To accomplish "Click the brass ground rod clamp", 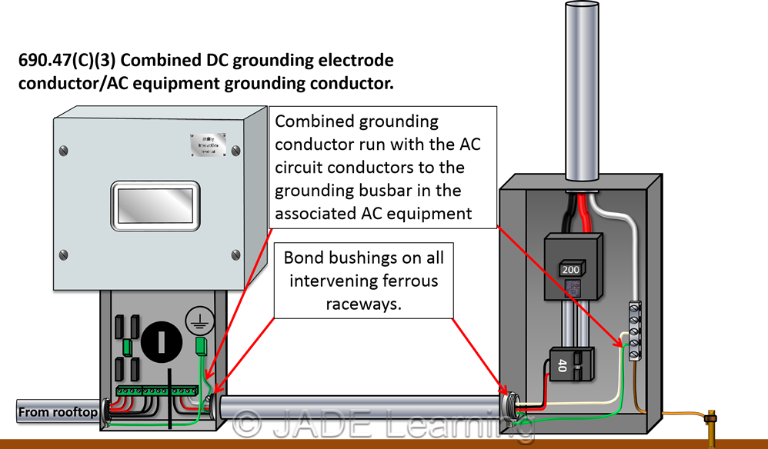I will [712, 418].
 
